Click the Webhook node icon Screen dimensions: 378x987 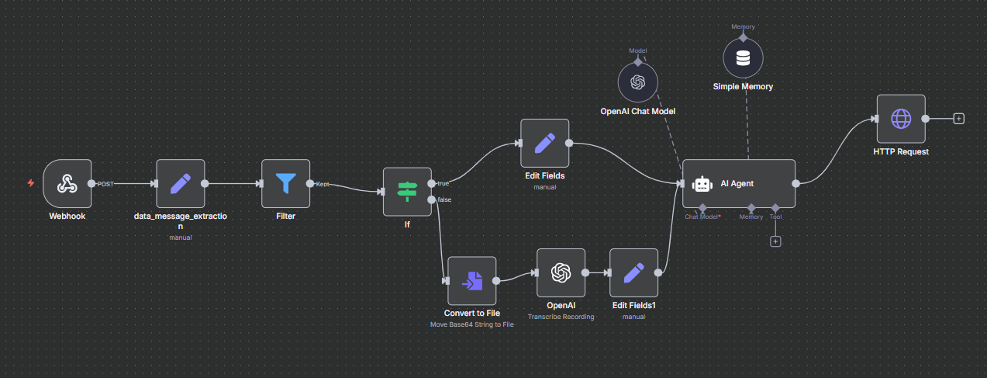[x=67, y=184]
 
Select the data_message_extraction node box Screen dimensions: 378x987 [x=181, y=184]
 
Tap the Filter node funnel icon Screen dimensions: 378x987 [x=286, y=184]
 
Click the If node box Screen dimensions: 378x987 [x=407, y=191]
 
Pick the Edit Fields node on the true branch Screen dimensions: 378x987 [x=544, y=143]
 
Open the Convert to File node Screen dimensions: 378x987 [x=471, y=280]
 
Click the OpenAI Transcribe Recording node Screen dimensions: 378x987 [x=561, y=272]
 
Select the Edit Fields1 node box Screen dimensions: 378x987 [x=634, y=272]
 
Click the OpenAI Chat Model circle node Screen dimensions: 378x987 [x=638, y=82]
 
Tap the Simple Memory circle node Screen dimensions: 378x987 [x=743, y=58]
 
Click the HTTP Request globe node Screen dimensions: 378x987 [x=901, y=119]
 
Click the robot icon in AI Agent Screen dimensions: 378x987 [x=702, y=184]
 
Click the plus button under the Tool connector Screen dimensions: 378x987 [x=775, y=241]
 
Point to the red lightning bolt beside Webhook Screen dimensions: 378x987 [x=30, y=183]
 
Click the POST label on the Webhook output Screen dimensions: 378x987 [x=105, y=184]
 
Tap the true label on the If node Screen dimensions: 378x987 [x=443, y=183]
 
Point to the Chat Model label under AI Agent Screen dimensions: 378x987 [x=702, y=217]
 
